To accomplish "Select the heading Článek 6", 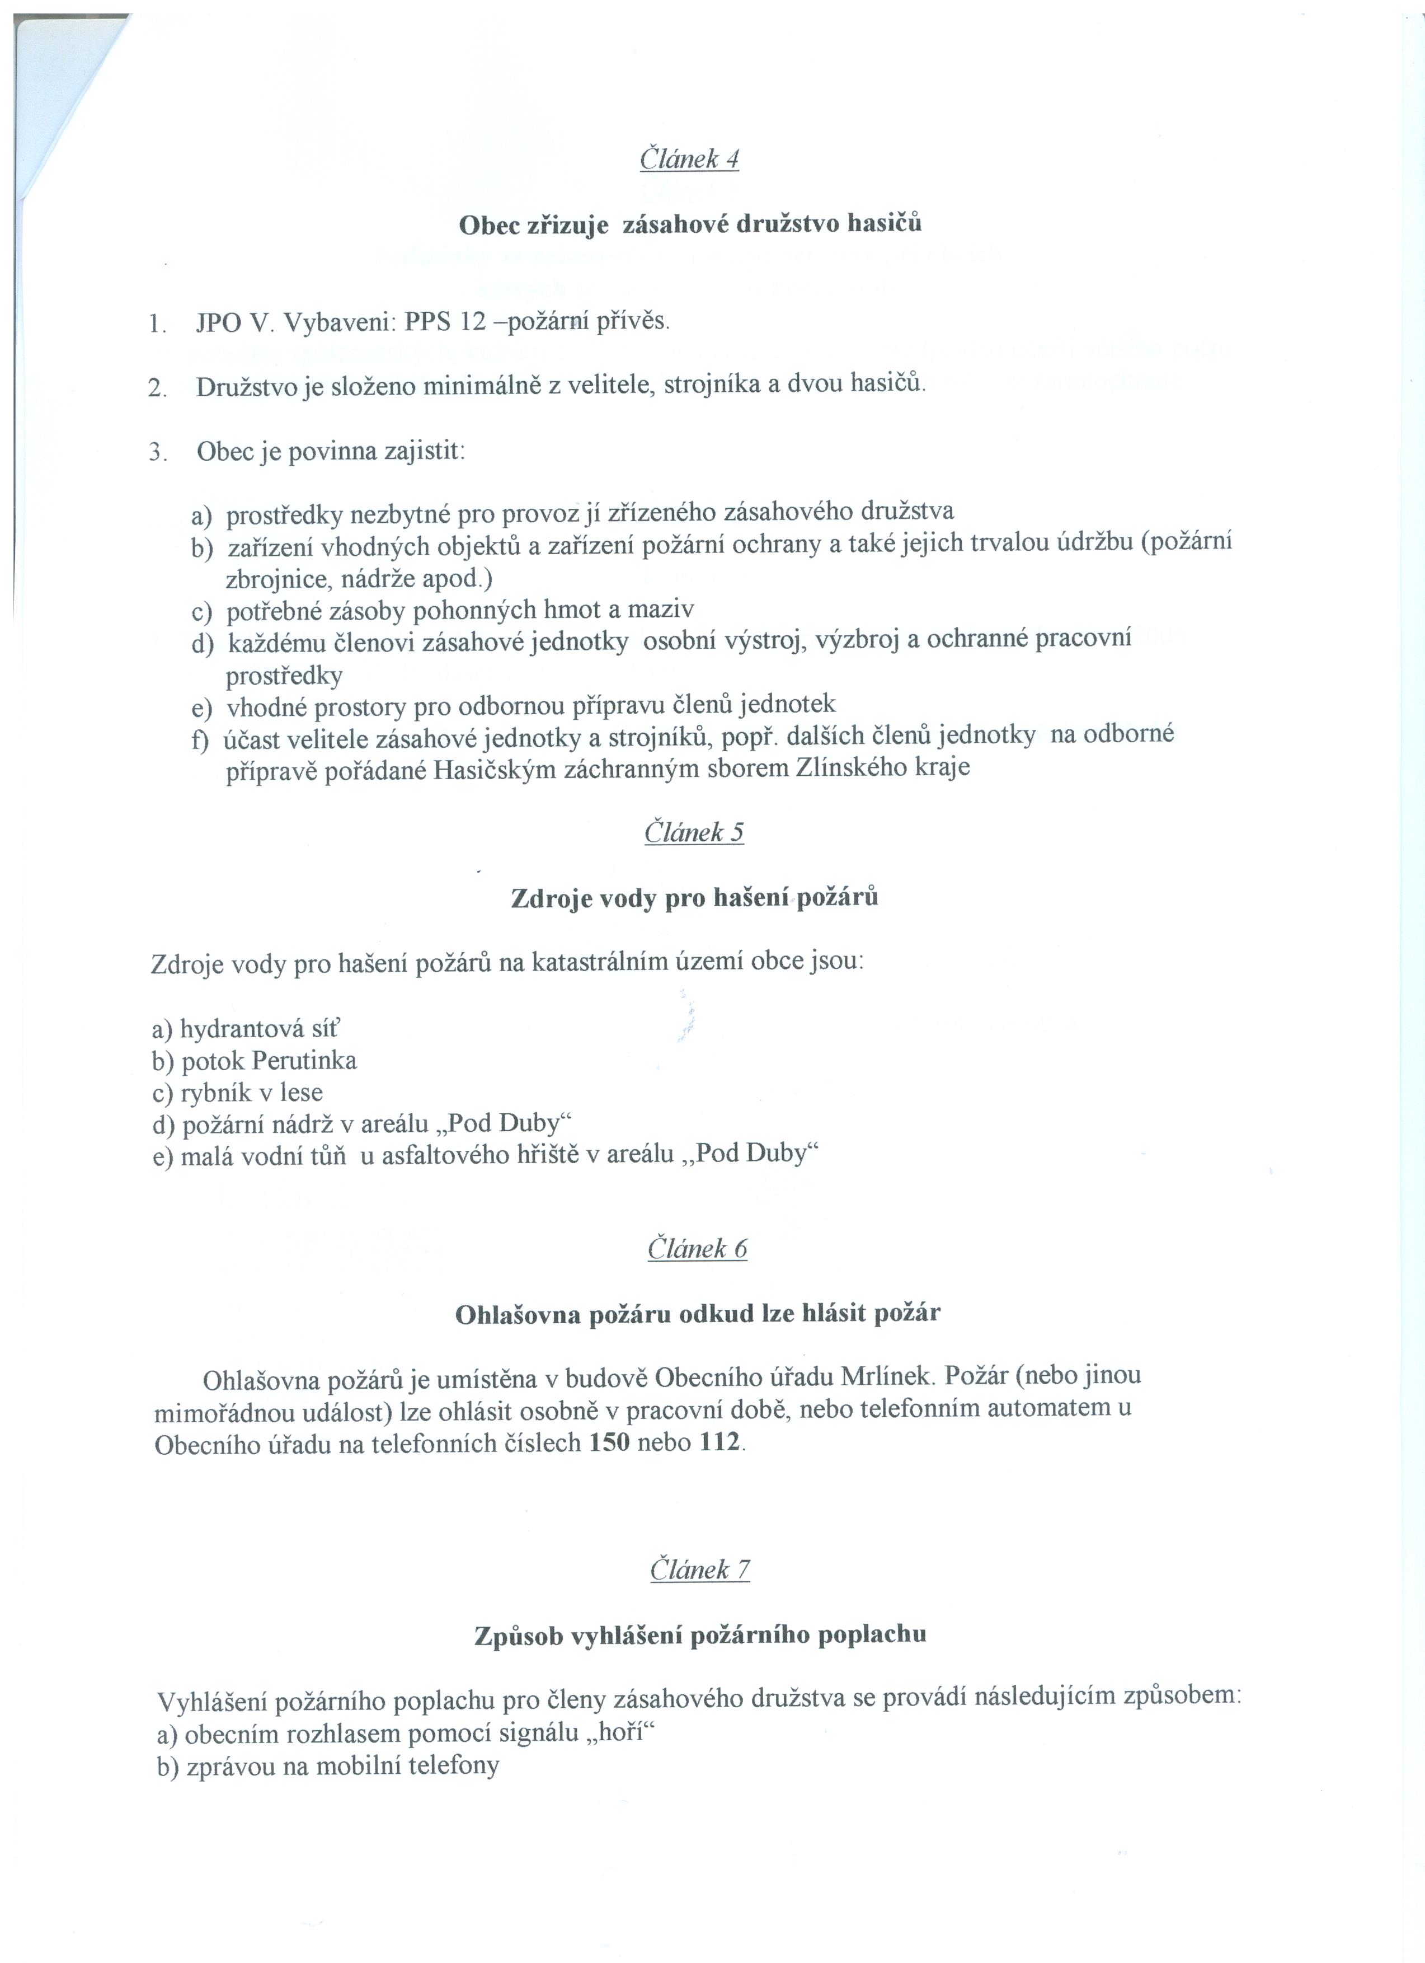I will coord(697,1248).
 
